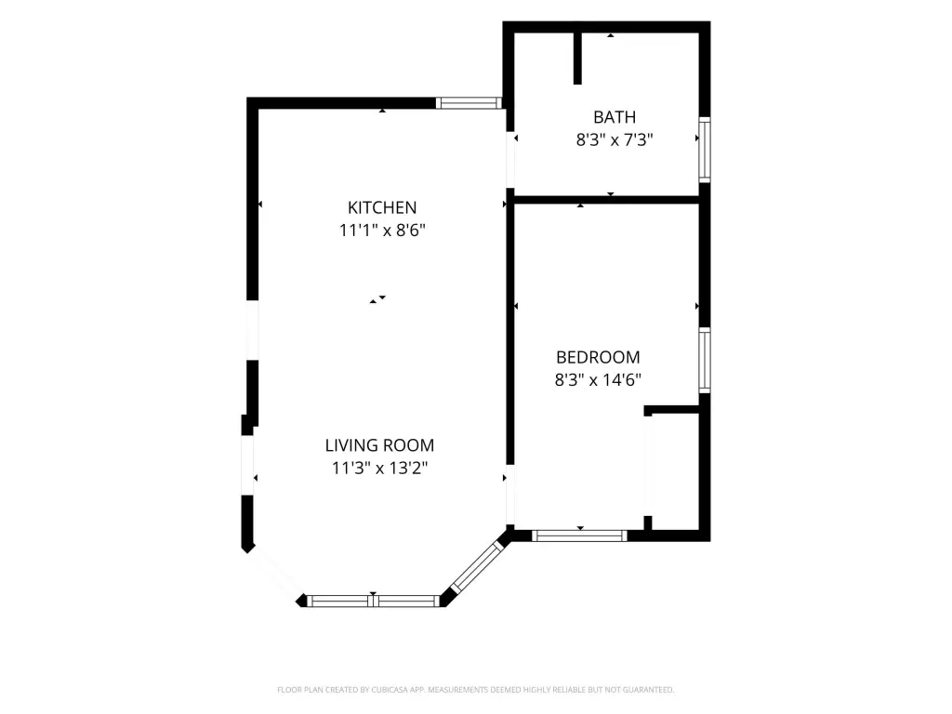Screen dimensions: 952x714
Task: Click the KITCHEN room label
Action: [x=382, y=207]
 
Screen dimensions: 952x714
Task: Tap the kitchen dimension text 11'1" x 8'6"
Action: [x=382, y=231]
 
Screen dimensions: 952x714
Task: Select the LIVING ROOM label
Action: [x=379, y=445]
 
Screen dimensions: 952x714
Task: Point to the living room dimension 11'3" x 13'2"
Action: [x=379, y=469]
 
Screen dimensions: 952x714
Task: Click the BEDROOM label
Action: [x=598, y=357]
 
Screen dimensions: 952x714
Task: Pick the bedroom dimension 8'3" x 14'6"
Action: [x=598, y=380]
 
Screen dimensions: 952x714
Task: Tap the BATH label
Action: [x=615, y=117]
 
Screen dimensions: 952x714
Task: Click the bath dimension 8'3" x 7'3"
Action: [x=615, y=140]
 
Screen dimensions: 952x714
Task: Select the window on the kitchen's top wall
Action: [x=469, y=103]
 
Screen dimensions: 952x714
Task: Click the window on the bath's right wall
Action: [x=705, y=150]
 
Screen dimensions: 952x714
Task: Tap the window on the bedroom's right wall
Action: [x=705, y=360]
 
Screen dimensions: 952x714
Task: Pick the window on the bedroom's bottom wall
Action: [x=579, y=535]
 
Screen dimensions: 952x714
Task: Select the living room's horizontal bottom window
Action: [x=374, y=602]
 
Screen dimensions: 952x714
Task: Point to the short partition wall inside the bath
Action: [x=577, y=59]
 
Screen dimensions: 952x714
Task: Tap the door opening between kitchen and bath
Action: [x=510, y=160]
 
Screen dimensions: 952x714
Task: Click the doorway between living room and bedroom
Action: [x=510, y=495]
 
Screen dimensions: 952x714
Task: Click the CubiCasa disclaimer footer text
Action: [x=475, y=690]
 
